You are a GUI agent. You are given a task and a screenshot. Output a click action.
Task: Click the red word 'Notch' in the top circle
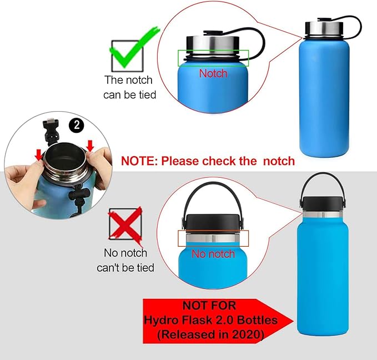(213, 73)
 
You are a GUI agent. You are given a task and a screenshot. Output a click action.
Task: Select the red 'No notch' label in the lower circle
(213, 254)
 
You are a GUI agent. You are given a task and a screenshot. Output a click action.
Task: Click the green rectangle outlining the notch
(213, 58)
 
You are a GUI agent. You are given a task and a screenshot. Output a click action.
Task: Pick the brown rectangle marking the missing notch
(213, 238)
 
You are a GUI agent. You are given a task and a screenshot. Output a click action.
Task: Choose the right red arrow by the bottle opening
(91, 145)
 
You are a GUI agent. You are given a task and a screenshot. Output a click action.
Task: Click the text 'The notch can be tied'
(130, 87)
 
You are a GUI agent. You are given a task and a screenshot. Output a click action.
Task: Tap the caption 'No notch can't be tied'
(125, 261)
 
